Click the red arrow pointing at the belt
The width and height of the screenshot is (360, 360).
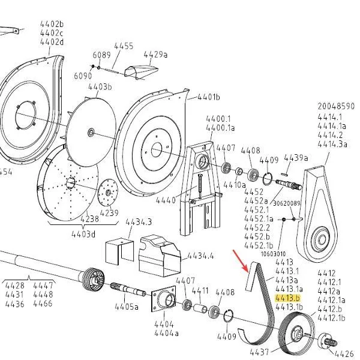(241, 261)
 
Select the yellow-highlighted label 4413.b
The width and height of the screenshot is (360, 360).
(287, 298)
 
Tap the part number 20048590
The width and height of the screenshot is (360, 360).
(336, 106)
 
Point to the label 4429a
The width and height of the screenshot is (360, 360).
(155, 55)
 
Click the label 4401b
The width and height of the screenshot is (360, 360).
(208, 97)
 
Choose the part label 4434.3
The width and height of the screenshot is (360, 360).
(139, 222)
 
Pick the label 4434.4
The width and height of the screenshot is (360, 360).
(200, 256)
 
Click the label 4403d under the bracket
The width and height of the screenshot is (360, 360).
(83, 234)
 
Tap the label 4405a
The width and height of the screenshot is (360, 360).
(127, 307)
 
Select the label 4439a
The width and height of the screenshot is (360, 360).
(296, 158)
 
